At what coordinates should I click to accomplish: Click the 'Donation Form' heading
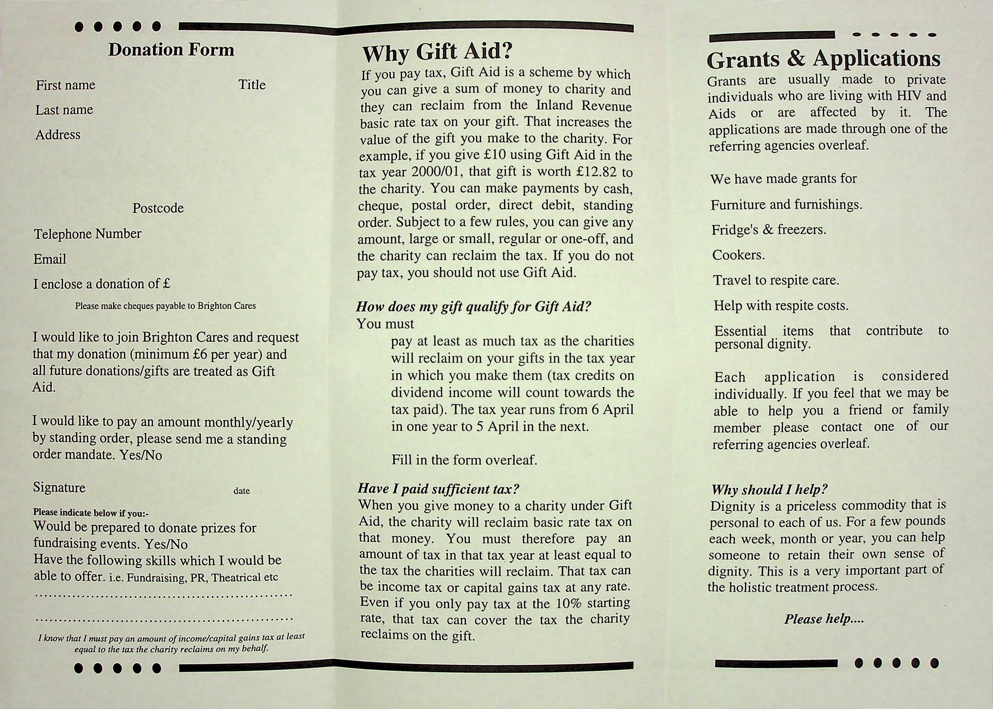pyautogui.click(x=171, y=50)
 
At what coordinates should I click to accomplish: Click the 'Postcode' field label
pyautogui.click(x=158, y=208)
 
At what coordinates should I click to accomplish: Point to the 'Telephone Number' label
pyautogui.click(x=88, y=234)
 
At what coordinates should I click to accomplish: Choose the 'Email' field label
pyautogui.click(x=50, y=259)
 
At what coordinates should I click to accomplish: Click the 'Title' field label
pyautogui.click(x=252, y=85)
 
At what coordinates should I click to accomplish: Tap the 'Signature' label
pyautogui.click(x=59, y=487)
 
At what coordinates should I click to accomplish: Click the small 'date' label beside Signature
pyautogui.click(x=242, y=491)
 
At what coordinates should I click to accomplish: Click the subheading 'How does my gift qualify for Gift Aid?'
pyautogui.click(x=473, y=306)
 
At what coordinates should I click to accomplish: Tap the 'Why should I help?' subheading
pyautogui.click(x=769, y=490)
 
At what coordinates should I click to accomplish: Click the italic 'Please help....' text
pyautogui.click(x=824, y=619)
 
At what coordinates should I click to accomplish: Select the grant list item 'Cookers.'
pyautogui.click(x=738, y=255)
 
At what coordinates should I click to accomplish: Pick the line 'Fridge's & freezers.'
pyautogui.click(x=769, y=230)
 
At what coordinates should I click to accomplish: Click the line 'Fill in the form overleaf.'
pyautogui.click(x=464, y=460)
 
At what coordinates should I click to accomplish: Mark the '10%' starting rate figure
pyautogui.click(x=569, y=603)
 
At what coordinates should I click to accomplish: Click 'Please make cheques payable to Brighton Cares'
pyautogui.click(x=166, y=306)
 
